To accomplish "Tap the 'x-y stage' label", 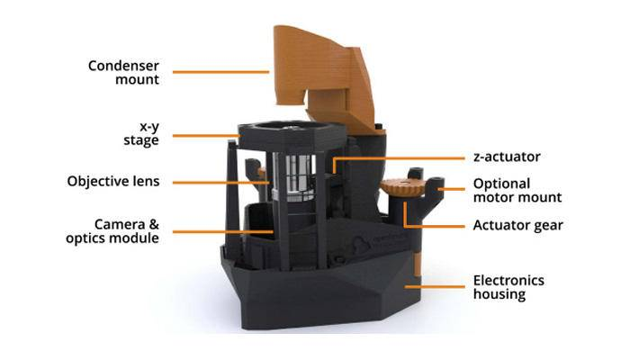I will [x=141, y=134].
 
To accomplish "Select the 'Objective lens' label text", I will [x=112, y=181].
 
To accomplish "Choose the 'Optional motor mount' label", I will [x=517, y=190].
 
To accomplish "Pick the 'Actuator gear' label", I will [x=517, y=225].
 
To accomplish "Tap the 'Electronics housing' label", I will [x=508, y=287].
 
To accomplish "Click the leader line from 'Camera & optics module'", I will [x=220, y=231].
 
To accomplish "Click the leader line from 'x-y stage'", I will [x=205, y=135].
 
